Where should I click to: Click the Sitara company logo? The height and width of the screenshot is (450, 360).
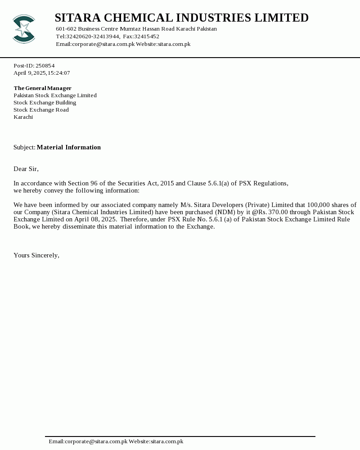(24, 29)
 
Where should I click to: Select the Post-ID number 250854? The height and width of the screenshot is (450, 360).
(45, 66)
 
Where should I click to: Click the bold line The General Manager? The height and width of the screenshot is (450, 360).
(42, 88)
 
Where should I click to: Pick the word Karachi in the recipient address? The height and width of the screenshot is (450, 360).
(23, 117)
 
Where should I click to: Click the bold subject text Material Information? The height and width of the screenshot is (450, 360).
(68, 147)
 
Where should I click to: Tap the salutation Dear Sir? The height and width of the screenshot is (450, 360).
(26, 169)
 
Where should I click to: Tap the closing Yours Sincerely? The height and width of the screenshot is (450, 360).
(36, 255)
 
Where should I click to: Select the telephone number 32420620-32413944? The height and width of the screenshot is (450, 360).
(93, 36)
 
